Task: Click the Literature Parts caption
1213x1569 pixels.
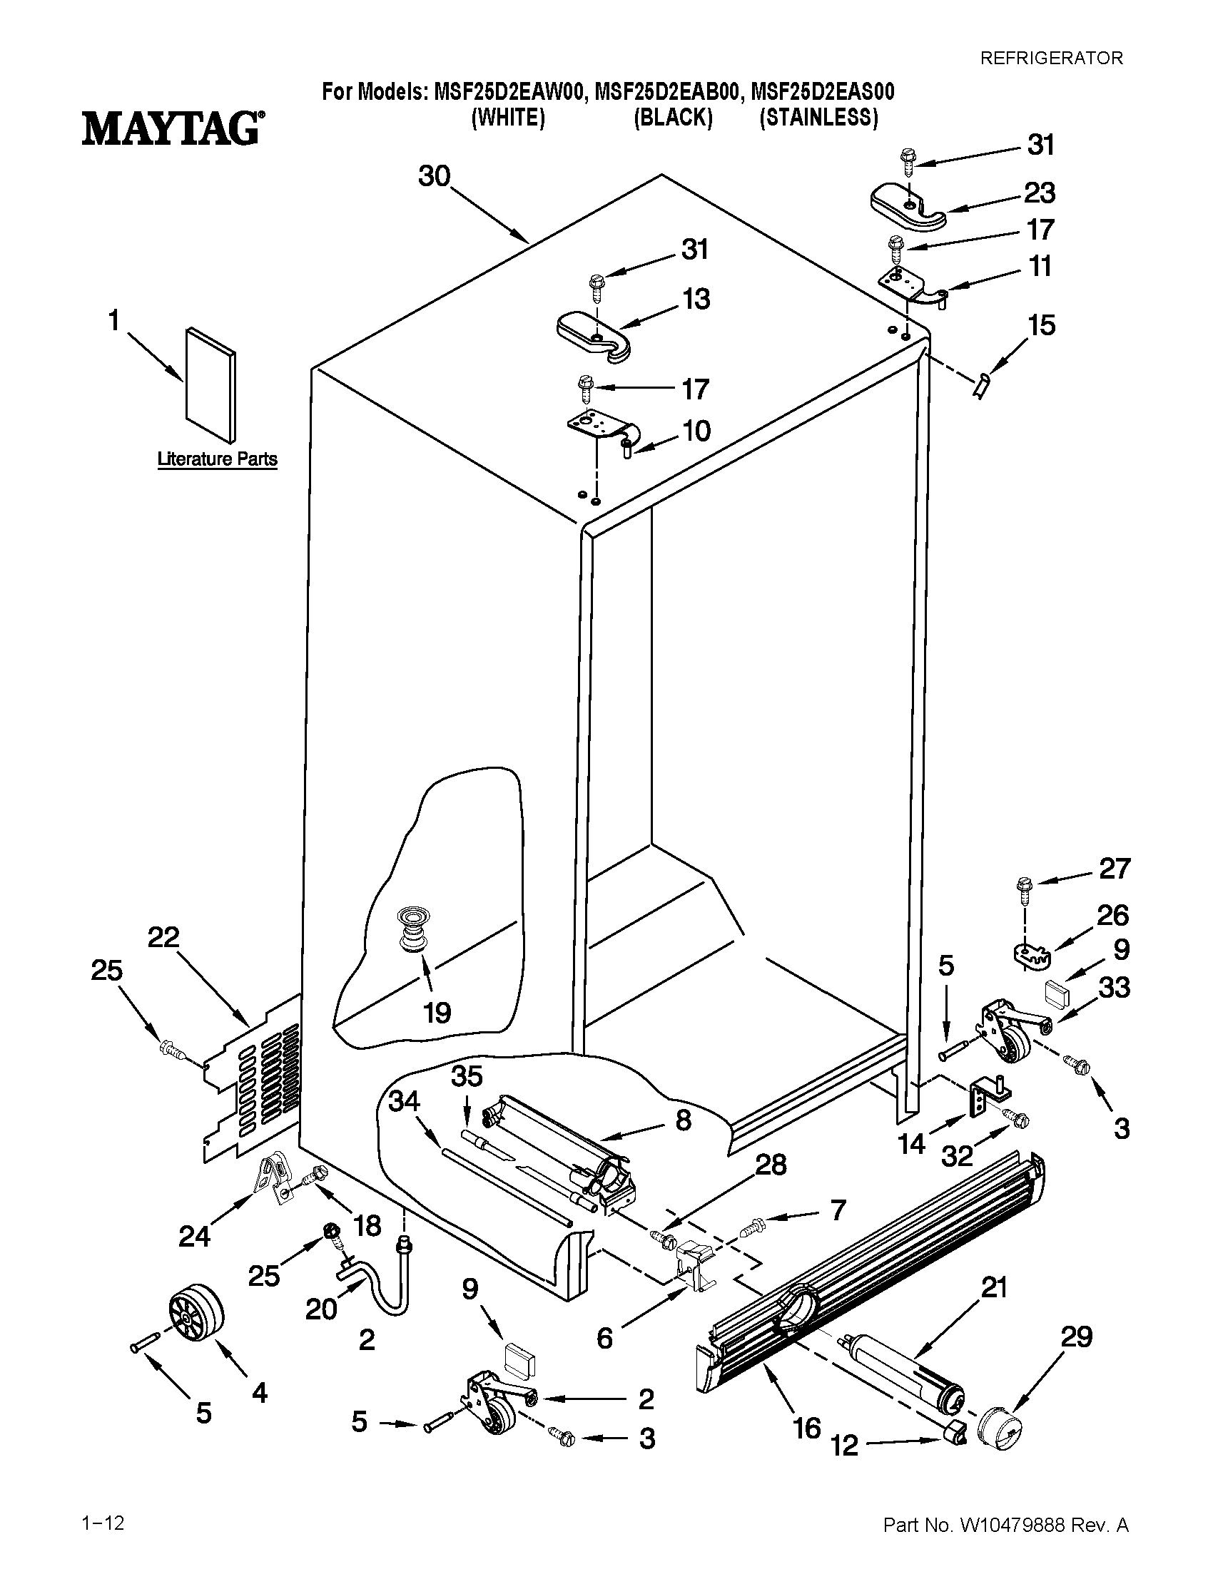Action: tap(217, 459)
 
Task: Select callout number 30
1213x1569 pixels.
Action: tap(434, 176)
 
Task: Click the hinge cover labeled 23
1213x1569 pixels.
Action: tap(908, 208)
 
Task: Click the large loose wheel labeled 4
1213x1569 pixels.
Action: tap(196, 1314)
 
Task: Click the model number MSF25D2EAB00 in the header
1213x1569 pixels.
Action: tap(667, 92)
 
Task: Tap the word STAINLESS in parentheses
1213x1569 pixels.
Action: tap(819, 118)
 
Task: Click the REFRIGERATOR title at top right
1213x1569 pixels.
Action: tap(1051, 58)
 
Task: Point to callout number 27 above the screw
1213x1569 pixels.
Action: tap(1114, 869)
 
